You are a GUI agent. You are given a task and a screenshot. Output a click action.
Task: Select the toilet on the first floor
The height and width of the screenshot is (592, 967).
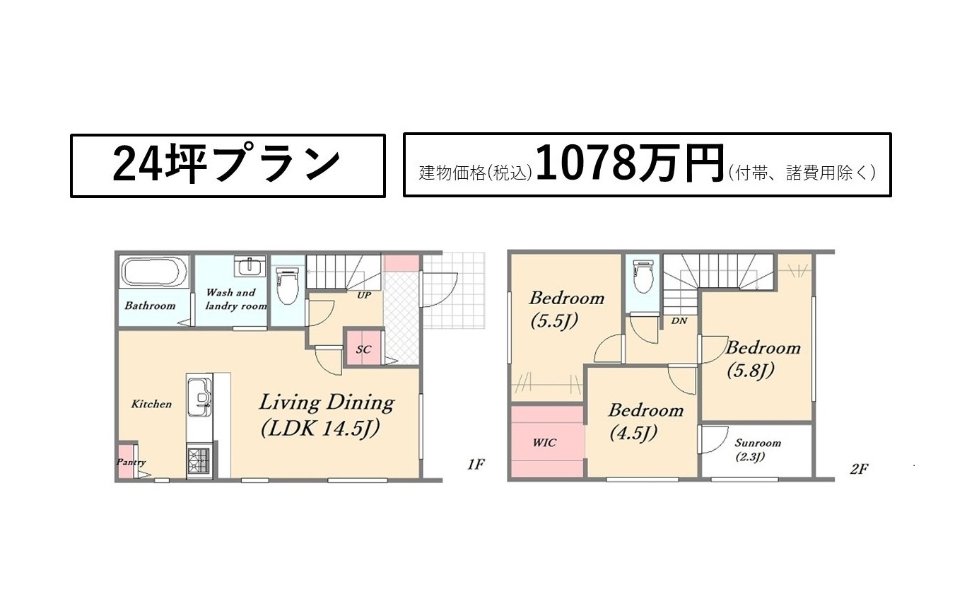287,286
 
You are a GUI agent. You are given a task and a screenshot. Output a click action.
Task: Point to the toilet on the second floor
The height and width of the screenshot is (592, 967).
643,277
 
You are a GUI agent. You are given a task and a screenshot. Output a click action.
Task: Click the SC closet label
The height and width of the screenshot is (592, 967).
363,349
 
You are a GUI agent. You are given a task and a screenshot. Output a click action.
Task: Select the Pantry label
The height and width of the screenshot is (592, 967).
131,462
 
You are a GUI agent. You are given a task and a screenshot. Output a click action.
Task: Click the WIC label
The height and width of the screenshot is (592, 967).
544,443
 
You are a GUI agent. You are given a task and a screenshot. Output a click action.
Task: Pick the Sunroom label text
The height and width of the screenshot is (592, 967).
758,443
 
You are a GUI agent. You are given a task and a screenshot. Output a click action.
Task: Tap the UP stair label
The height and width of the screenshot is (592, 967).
364,296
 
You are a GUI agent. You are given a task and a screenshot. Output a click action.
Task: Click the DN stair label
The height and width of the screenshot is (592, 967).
679,321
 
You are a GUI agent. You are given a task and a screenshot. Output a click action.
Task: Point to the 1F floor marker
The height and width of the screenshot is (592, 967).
476,465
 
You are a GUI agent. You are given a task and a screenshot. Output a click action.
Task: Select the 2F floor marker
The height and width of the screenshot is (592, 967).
859,469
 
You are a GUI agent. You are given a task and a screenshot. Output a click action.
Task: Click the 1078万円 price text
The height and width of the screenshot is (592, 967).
629,164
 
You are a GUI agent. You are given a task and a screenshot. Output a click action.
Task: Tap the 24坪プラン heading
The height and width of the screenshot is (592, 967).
226,165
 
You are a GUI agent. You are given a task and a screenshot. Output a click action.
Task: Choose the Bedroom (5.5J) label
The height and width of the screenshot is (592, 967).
566,310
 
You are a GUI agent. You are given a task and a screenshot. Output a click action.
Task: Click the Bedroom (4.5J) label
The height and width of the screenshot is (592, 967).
646,422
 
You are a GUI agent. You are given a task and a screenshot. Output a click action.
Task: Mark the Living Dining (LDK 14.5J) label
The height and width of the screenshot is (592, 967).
327,415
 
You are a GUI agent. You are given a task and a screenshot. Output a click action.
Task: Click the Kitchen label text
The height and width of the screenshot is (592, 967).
151,404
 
